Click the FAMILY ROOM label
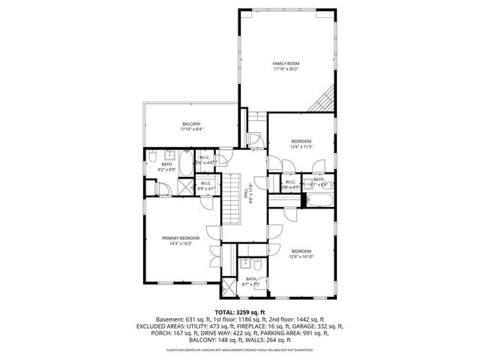click(285, 63)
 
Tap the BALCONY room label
click(191, 124)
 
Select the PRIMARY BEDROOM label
click(181, 238)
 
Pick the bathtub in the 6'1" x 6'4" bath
click(316, 200)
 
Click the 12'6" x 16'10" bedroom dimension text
click(301, 256)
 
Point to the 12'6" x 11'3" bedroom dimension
click(301, 147)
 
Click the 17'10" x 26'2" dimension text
click(285, 69)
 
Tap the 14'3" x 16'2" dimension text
click(181, 244)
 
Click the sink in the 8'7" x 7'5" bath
click(244, 264)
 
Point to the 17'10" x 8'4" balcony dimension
click(191, 130)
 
